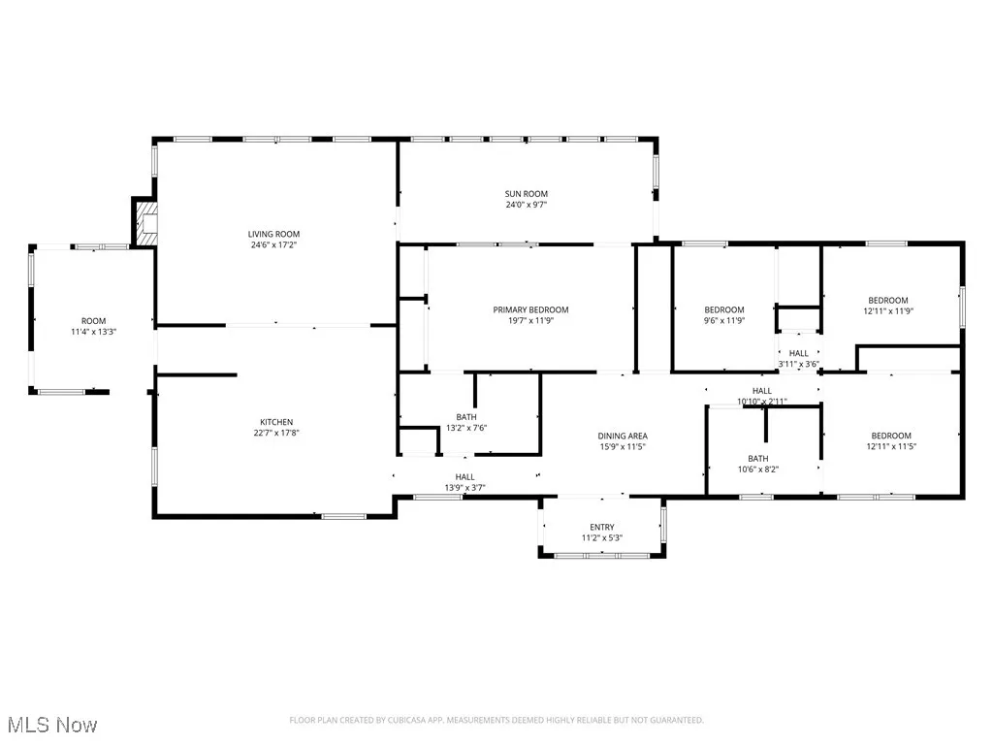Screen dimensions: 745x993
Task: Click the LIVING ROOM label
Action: pyautogui.click(x=273, y=234)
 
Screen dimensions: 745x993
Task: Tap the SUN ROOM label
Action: pyautogui.click(x=526, y=194)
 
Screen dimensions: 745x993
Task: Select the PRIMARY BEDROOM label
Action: pyautogui.click(x=530, y=309)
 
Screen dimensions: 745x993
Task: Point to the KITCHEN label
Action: pyautogui.click(x=275, y=422)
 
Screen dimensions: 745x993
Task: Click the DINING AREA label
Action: pyautogui.click(x=622, y=436)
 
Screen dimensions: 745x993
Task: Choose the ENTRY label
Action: pyautogui.click(x=601, y=527)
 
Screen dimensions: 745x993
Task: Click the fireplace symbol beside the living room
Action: pyautogui.click(x=145, y=224)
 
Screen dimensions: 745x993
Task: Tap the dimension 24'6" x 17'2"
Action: pyautogui.click(x=273, y=244)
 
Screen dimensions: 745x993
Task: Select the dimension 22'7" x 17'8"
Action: pyautogui.click(x=275, y=434)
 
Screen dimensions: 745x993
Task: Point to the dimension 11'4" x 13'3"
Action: pyautogui.click(x=93, y=332)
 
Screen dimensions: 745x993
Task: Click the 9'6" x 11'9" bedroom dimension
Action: pyautogui.click(x=724, y=320)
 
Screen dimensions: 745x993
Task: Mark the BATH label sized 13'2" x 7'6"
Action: pyautogui.click(x=466, y=417)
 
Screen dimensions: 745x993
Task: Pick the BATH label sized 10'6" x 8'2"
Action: pyautogui.click(x=757, y=459)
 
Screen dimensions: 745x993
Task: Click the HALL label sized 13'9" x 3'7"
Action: pyautogui.click(x=465, y=476)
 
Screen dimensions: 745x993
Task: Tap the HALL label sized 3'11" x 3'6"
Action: pyautogui.click(x=799, y=353)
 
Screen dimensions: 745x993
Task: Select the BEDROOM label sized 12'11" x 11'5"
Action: pyautogui.click(x=890, y=436)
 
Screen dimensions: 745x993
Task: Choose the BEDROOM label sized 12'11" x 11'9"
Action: pyautogui.click(x=887, y=300)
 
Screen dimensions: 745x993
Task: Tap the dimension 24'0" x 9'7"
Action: pyautogui.click(x=526, y=205)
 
